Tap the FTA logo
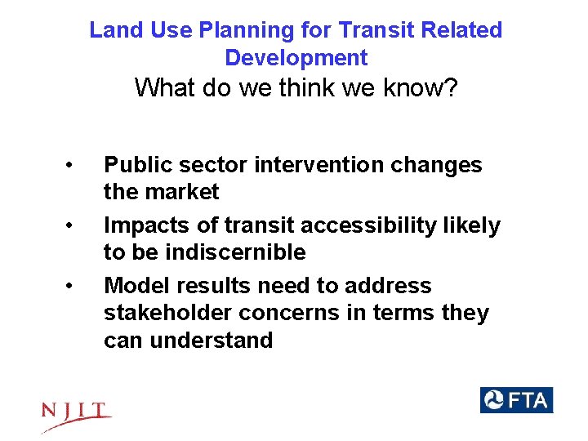[x=516, y=400]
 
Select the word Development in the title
[x=296, y=59]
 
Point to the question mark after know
[x=449, y=88]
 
